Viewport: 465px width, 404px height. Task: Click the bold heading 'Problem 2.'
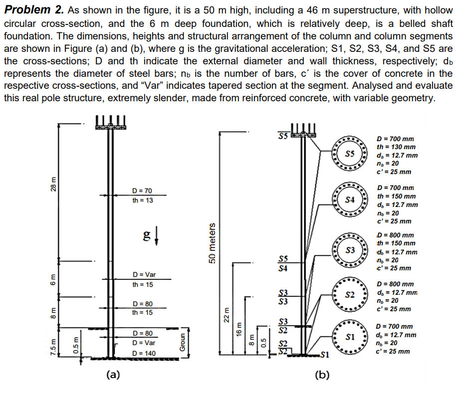tap(33, 10)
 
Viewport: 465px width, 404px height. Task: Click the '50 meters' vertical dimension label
tap(212, 243)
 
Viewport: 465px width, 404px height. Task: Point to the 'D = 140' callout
tap(144, 353)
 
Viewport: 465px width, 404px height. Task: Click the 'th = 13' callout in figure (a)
tap(143, 201)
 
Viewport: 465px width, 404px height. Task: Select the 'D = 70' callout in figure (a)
tap(142, 191)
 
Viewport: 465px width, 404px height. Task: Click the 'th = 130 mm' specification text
tap(397, 147)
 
